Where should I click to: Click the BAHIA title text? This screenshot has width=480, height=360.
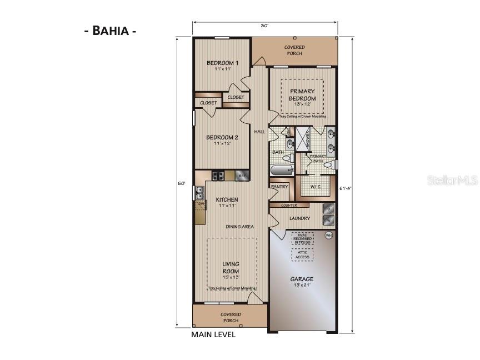(110, 31)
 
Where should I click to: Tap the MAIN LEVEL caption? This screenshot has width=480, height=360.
(213, 334)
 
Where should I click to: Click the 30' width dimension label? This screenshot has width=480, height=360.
(264, 26)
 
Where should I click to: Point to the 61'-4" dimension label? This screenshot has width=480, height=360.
(345, 188)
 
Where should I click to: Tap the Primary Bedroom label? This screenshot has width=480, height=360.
(302, 95)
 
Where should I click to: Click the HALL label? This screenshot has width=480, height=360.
(259, 132)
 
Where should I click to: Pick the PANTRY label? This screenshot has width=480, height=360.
(279, 187)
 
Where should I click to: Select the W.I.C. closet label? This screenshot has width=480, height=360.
(317, 187)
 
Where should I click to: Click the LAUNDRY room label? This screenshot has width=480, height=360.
(299, 218)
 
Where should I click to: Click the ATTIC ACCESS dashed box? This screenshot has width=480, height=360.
(302, 254)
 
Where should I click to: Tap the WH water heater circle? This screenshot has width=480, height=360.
(328, 236)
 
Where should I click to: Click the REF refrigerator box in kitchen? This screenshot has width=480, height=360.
(242, 176)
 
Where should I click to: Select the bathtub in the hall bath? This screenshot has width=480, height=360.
(281, 170)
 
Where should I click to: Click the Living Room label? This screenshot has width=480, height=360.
(231, 267)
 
